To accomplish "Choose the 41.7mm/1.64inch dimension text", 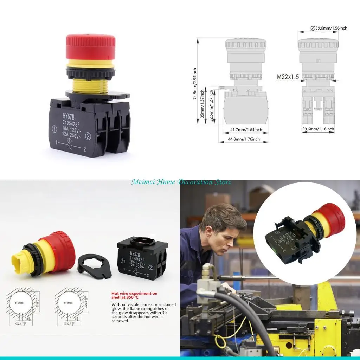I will tap(246, 130).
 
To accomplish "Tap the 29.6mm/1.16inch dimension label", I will tap(318, 129).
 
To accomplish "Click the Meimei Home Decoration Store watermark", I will tap(181, 182).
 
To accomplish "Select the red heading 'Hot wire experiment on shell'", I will tap(134, 295).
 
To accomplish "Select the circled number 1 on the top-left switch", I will tap(54, 129).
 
